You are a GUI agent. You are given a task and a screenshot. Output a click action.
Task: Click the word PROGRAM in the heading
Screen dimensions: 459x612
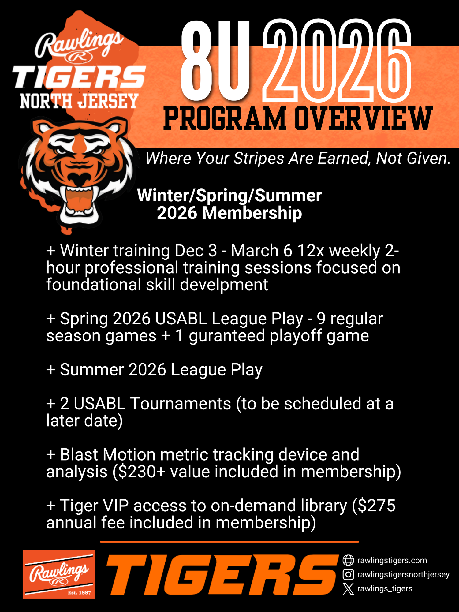(225, 119)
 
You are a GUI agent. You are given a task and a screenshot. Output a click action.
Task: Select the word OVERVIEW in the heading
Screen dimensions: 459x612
(364, 119)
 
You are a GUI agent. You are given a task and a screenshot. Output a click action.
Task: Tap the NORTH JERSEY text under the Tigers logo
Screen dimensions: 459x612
(79, 101)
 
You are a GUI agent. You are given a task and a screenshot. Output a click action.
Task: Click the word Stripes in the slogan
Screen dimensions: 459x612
(259, 159)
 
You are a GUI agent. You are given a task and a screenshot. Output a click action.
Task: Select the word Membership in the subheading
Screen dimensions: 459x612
(252, 213)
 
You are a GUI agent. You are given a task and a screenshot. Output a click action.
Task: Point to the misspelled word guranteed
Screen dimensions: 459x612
(227, 336)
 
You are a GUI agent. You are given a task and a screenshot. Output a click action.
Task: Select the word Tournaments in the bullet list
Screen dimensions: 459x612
(181, 404)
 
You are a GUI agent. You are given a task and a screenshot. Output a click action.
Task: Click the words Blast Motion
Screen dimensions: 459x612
(108, 455)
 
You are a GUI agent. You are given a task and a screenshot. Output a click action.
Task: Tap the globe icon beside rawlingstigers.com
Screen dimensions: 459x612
(348, 561)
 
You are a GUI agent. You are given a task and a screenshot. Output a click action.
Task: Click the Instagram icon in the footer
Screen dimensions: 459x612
(348, 574)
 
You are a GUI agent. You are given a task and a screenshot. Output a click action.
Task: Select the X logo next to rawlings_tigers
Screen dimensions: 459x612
(348, 588)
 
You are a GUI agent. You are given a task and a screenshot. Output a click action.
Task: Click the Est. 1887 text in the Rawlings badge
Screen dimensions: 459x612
(79, 593)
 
